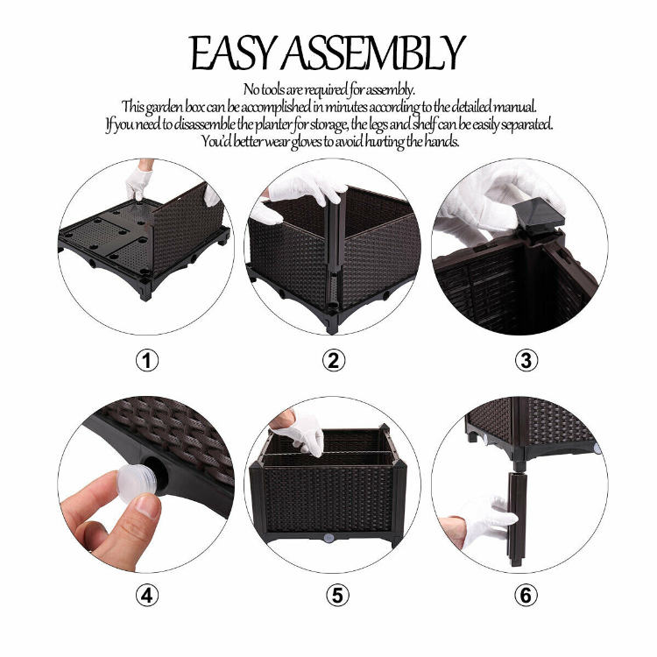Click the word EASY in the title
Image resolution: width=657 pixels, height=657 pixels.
[235, 54]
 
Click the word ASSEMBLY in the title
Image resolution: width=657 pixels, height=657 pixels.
[374, 54]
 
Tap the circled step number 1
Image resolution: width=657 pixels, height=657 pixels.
[147, 360]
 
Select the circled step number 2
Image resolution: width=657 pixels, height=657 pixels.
[334, 360]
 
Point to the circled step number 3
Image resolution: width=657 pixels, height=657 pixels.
[526, 360]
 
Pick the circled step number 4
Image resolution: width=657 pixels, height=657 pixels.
[147, 596]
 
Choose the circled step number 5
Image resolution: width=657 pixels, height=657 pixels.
[337, 596]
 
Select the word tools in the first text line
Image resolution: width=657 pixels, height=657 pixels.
[280, 88]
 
